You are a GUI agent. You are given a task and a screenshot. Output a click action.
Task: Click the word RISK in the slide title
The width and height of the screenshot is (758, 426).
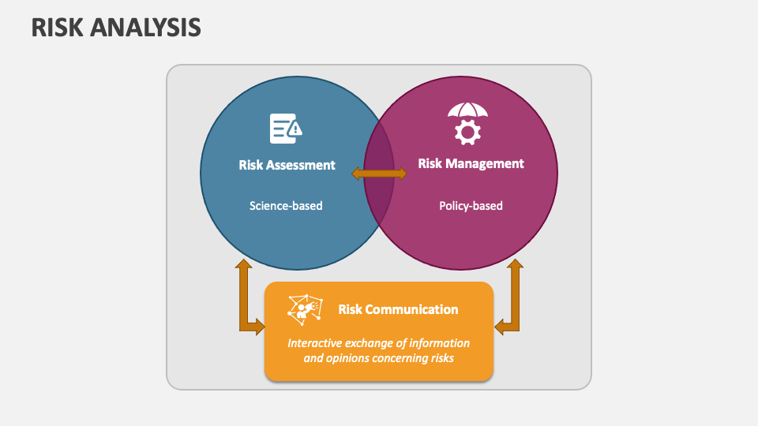coord(57,28)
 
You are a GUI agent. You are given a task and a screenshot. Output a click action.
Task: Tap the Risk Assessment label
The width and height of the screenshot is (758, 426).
coord(287,165)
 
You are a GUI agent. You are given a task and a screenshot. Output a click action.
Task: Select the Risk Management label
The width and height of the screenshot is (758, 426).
coord(471,163)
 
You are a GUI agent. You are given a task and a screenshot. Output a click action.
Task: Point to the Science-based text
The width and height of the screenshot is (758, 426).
coord(286,206)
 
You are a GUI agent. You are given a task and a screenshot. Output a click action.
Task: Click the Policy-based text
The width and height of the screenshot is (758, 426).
coord(471,206)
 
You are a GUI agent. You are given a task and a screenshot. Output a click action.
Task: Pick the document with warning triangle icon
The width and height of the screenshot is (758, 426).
coord(285,128)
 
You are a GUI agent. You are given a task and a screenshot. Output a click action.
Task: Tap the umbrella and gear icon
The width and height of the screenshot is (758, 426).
coord(467,123)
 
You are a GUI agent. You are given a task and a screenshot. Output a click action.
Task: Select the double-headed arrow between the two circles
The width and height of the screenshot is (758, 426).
coord(379,174)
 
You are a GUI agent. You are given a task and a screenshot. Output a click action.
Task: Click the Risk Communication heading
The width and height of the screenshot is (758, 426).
coord(398,309)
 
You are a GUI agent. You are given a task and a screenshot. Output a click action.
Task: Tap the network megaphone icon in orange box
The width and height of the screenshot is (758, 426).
coord(305,308)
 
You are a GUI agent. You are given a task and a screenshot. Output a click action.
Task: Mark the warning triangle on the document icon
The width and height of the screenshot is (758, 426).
coord(295,128)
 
